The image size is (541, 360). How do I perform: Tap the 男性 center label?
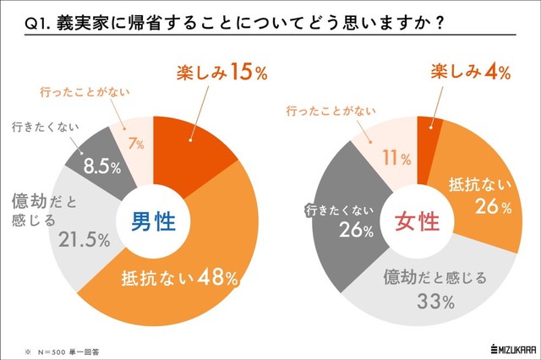click(x=153, y=222)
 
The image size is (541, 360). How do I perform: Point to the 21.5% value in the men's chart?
click(x=85, y=239)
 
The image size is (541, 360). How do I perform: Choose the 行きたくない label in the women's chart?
click(x=333, y=210)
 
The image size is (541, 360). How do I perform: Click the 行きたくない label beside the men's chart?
click(x=47, y=128)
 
